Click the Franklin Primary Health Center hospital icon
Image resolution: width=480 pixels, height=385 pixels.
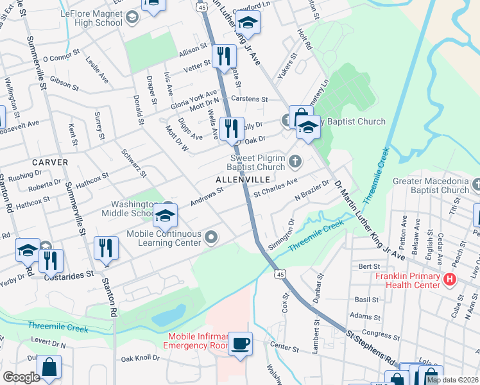point(449,280)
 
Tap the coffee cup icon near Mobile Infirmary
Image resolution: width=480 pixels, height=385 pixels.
point(240,344)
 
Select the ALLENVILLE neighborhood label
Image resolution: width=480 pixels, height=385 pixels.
point(242,179)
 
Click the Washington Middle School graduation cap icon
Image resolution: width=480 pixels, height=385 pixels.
point(166,216)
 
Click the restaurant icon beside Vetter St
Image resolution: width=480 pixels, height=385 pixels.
point(223,56)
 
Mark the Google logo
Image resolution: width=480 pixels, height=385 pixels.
point(21,377)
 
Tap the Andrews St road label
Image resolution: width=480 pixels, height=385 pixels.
point(206,196)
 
